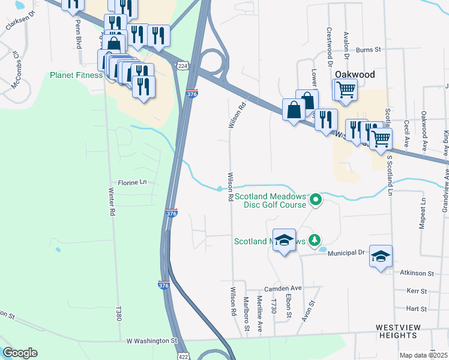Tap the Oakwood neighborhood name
click(x=354, y=74)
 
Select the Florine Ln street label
click(x=132, y=182)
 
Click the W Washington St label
click(x=152, y=340)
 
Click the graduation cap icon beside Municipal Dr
click(x=381, y=257)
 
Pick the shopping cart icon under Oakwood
click(x=346, y=89)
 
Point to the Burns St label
click(x=369, y=50)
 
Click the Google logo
click(x=20, y=353)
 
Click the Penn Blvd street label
click(x=78, y=27)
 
